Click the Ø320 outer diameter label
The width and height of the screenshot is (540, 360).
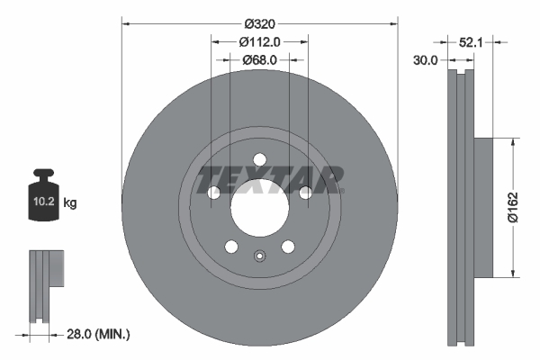click(259, 25)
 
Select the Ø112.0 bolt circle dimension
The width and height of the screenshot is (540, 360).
click(261, 41)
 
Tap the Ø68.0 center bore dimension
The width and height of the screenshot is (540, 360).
click(259, 59)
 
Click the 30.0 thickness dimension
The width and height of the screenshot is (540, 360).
click(426, 60)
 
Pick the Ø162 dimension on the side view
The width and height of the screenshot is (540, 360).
click(512, 206)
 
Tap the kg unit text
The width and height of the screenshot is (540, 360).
click(69, 203)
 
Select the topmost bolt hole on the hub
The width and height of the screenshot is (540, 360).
click(259, 160)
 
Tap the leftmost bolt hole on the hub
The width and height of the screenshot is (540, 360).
click(213, 193)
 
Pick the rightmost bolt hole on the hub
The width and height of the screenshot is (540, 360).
click(305, 193)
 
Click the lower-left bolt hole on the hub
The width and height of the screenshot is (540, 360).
click(231, 247)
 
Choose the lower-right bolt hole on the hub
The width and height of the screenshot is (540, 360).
click(288, 247)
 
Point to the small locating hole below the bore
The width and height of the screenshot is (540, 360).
click(259, 255)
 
